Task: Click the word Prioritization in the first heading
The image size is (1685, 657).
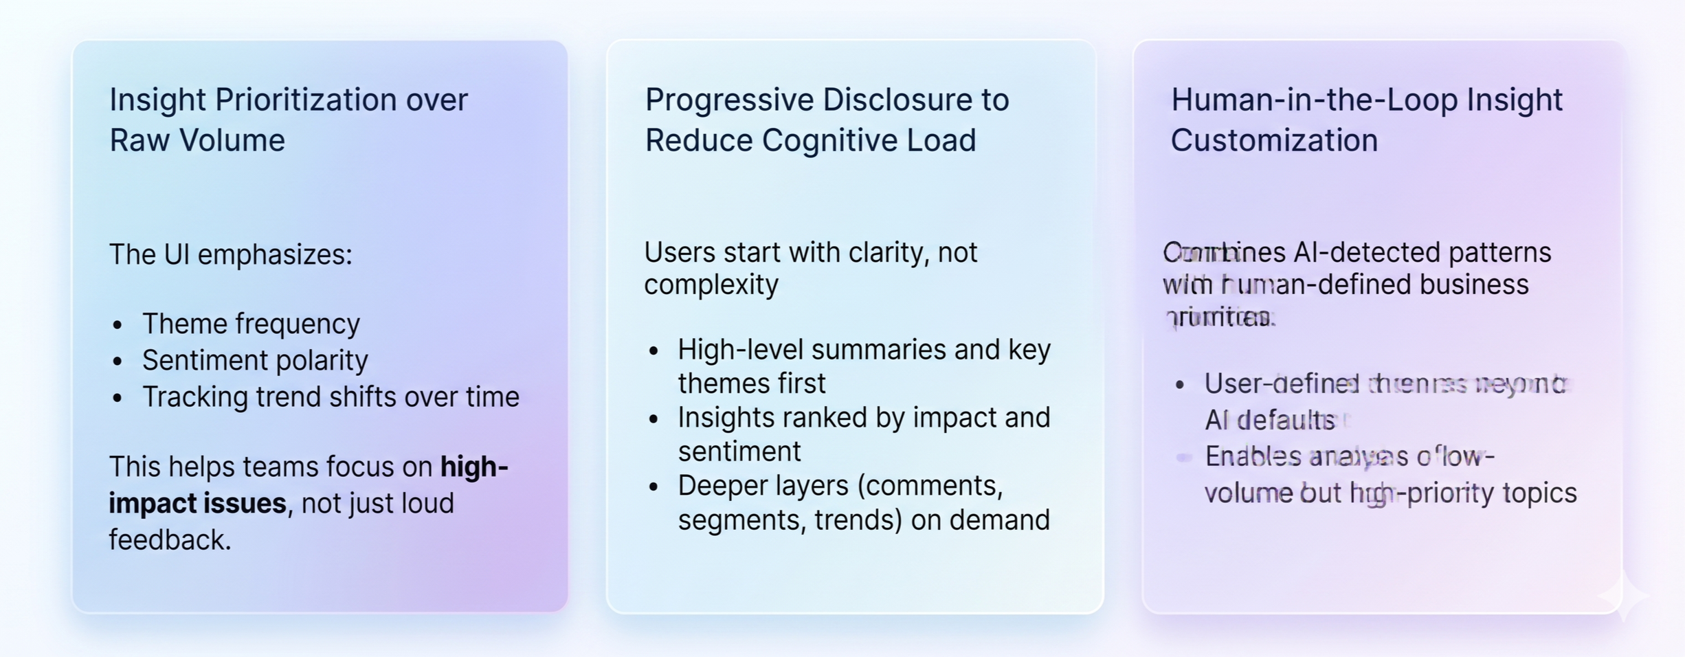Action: pos(305,100)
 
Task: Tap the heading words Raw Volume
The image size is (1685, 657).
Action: pos(197,141)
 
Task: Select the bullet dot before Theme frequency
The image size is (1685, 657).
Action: pos(118,325)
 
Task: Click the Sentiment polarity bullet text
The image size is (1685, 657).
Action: pos(255,361)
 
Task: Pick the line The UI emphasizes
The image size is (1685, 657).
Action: pos(230,255)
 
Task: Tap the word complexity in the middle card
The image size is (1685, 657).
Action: pos(711,285)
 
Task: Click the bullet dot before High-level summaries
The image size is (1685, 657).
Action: pos(654,351)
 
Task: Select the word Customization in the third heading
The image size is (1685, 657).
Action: pos(1274,141)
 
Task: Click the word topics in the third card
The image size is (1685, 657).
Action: pos(1545,493)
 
